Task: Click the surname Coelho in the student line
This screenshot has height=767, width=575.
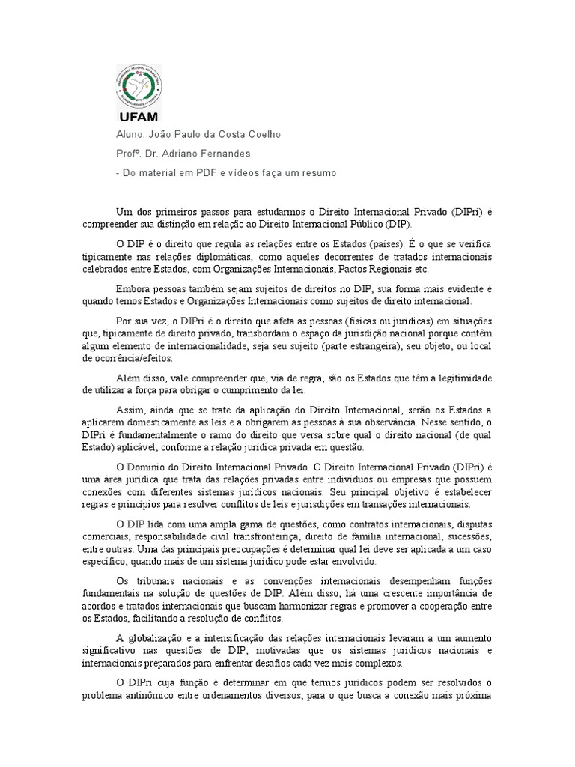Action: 261,135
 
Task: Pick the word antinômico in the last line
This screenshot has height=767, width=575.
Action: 157,695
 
